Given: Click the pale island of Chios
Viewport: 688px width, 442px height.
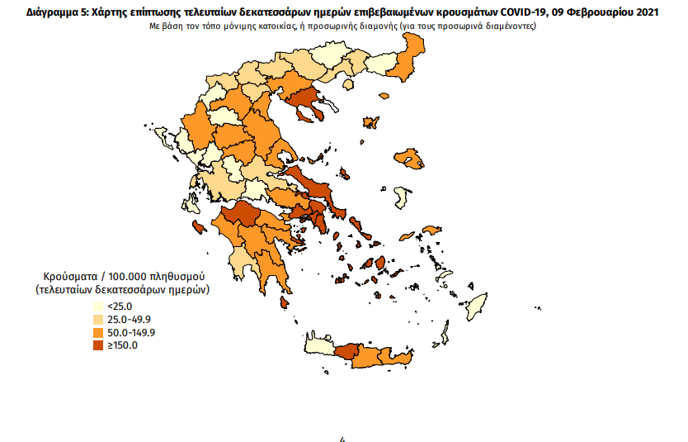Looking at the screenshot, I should (401, 197).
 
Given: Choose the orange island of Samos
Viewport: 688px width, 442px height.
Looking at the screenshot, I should (430, 229).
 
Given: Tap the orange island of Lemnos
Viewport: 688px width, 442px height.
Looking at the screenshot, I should (370, 122).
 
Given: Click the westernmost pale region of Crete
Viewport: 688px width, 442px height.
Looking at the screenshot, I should (319, 345).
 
